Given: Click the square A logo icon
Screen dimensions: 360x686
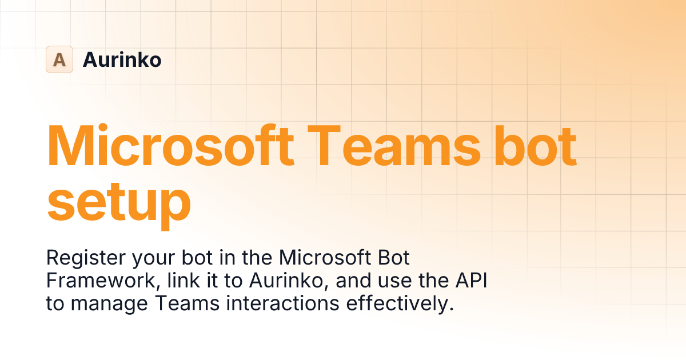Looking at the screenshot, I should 59,59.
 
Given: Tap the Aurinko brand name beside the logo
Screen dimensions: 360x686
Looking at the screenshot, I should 122,59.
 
